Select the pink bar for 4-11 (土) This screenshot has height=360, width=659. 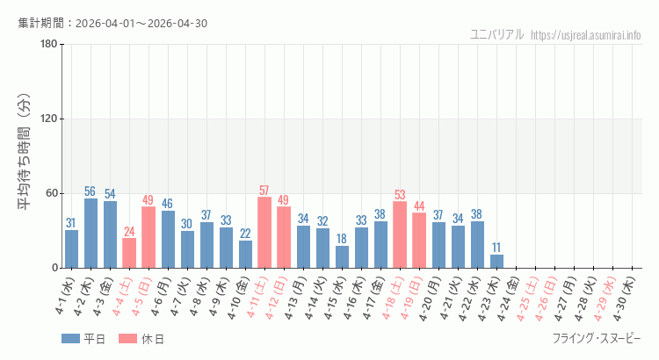tap(264, 233)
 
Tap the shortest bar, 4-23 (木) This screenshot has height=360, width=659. tap(496, 261)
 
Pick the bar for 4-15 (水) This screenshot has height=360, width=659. tap(342, 256)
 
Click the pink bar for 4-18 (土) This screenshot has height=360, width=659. tap(400, 234)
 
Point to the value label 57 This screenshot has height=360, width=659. tap(264, 191)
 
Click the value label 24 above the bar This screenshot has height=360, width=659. tap(129, 232)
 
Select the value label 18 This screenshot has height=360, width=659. tap(342, 240)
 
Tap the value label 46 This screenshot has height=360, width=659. tap(168, 205)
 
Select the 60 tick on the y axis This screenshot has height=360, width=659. tap(51, 193)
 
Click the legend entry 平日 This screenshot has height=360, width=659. tap(83, 339)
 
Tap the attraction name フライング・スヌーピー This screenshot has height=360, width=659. tap(597, 339)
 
